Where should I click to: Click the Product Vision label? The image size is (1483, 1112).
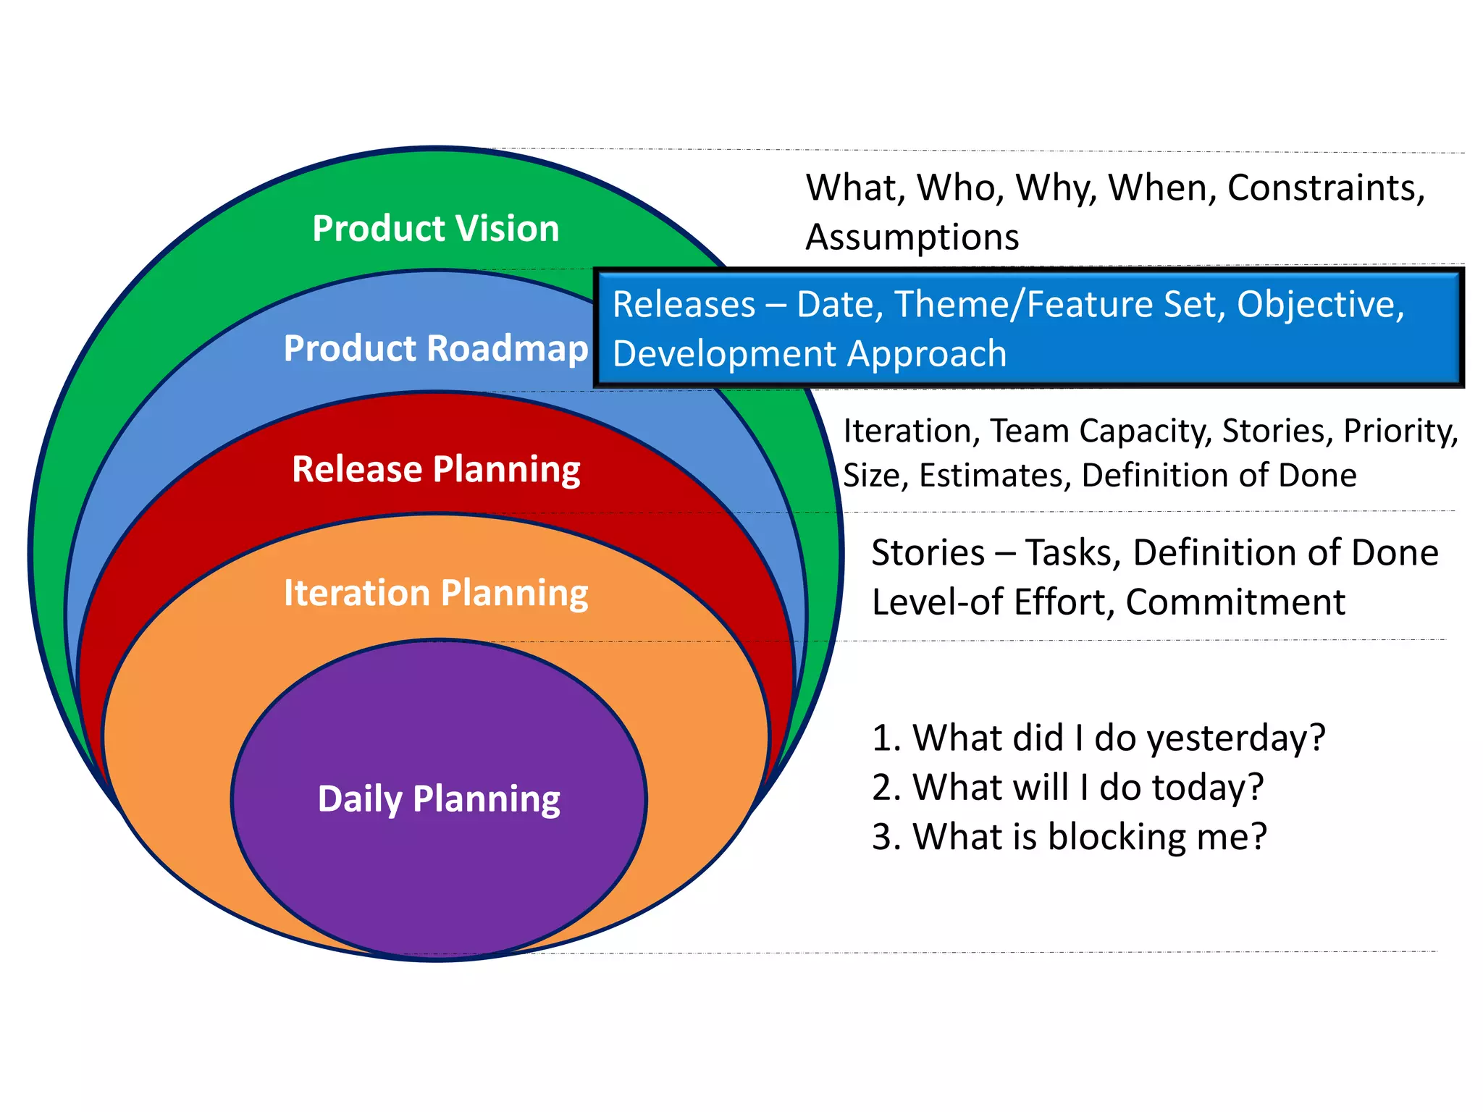pyautogui.click(x=436, y=229)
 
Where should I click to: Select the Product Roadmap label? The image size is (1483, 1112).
pyautogui.click(x=436, y=349)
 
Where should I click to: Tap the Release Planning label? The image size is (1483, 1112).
pyautogui.click(x=436, y=469)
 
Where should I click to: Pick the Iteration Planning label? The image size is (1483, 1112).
pyautogui.click(x=436, y=593)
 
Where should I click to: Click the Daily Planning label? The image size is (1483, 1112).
pyautogui.click(x=439, y=799)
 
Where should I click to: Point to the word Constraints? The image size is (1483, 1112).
pyautogui.click(x=1325, y=188)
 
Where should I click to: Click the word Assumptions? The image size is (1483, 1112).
pyautogui.click(x=912, y=237)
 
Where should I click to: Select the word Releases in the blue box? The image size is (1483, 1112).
pyautogui.click(x=684, y=304)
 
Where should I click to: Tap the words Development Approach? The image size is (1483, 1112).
pyautogui.click(x=810, y=354)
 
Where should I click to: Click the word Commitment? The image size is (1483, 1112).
pyautogui.click(x=1235, y=602)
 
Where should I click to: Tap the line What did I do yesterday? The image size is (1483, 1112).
pyautogui.click(x=1098, y=738)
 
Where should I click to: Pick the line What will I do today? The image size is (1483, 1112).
pyautogui.click(x=1068, y=787)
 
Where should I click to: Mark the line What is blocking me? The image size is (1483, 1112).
pyautogui.click(x=1070, y=837)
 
